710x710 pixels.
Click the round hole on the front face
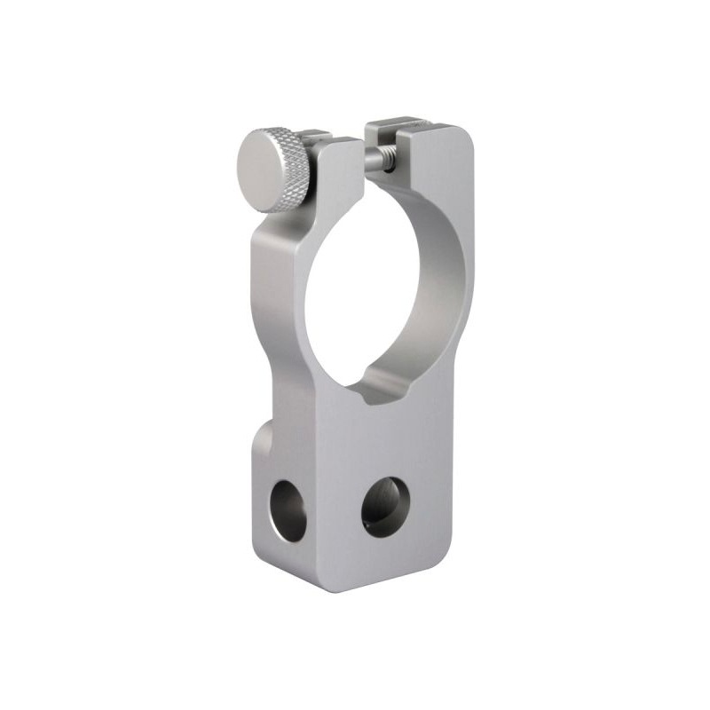pyautogui.click(x=387, y=506)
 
